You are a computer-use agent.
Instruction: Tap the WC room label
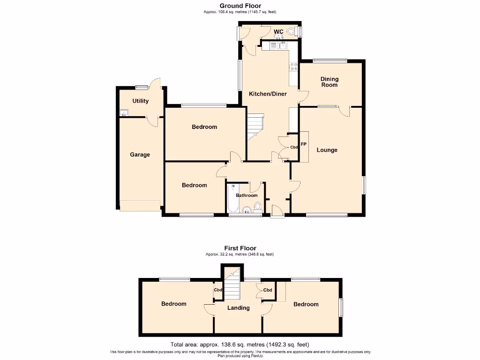point(278,32)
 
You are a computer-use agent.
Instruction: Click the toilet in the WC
point(292,32)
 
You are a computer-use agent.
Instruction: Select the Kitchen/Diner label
point(268,94)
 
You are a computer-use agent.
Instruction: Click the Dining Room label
point(329,82)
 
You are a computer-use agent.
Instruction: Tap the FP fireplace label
point(303,144)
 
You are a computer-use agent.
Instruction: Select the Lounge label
point(327,150)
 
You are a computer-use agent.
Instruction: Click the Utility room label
point(140,101)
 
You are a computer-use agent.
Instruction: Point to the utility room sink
point(124,112)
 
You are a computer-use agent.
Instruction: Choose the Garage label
point(140,154)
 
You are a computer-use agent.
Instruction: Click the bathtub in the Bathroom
point(232,201)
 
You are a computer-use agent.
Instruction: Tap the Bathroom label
point(247,195)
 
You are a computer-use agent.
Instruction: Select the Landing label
point(238,308)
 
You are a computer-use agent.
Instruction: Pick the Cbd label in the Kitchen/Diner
point(294,147)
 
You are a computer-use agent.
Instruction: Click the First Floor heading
point(240,248)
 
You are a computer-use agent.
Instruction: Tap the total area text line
point(240,344)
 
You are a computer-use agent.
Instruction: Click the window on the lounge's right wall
point(365,185)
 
